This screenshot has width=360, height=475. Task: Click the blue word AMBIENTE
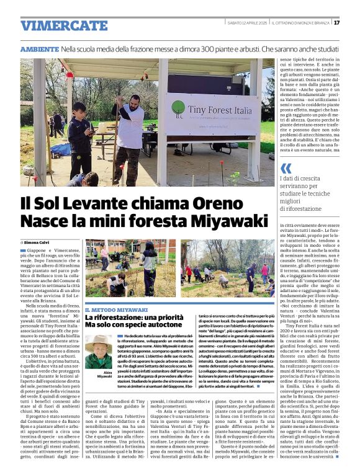[x=39, y=48]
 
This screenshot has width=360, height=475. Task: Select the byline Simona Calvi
[x=38, y=242]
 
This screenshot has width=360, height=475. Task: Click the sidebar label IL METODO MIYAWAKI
[x=116, y=309]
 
